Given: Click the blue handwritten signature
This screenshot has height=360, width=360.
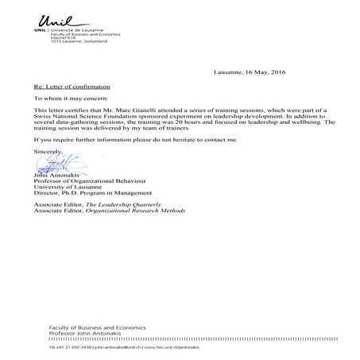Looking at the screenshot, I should click(x=54, y=165).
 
